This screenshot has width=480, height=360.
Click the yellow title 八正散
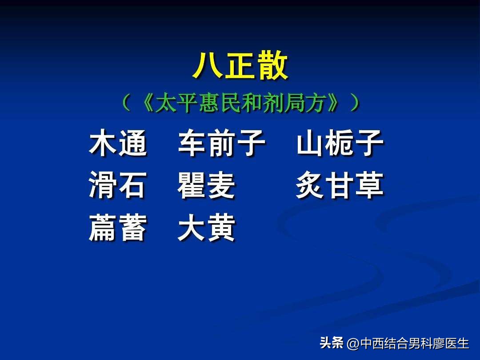(240, 66)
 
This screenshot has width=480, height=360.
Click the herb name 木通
(118, 143)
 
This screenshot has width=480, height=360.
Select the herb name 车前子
(222, 143)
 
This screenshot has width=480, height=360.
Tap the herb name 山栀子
(340, 143)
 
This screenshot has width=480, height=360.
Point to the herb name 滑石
(117, 185)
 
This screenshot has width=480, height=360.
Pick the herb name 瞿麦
(206, 185)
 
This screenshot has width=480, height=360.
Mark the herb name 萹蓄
(118, 228)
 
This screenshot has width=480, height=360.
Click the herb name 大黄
(206, 228)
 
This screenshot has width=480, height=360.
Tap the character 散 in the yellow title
(273, 66)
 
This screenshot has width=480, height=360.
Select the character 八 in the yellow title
(208, 66)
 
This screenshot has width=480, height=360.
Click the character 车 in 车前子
(192, 143)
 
